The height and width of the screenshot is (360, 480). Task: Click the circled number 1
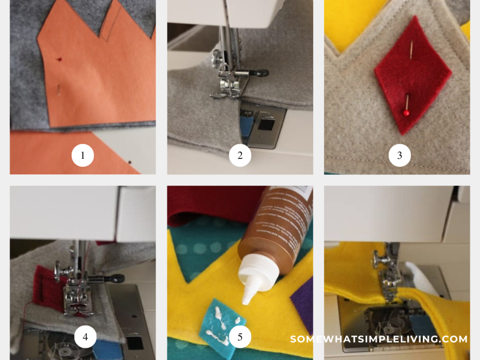(82, 156)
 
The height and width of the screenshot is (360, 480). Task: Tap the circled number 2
(240, 156)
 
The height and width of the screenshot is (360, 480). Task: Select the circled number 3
(399, 156)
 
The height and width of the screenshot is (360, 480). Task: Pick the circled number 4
(85, 337)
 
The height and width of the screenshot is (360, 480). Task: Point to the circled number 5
(240, 337)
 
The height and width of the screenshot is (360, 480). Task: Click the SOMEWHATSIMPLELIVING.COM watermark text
(379, 339)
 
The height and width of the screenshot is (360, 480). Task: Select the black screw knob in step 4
(114, 278)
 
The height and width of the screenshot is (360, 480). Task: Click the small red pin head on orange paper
(60, 60)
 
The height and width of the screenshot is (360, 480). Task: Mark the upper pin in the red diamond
(412, 49)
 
